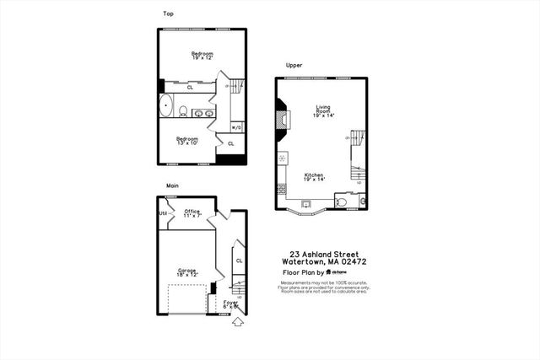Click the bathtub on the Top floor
[165, 108]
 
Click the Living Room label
[323, 110]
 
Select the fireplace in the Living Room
[283, 118]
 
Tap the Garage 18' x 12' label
[186, 272]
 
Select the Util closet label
[163, 213]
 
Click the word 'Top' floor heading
[168, 13]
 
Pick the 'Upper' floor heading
[294, 65]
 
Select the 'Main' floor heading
[172, 185]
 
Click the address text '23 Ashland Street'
[323, 254]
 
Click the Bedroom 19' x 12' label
[202, 56]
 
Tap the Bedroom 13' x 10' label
[187, 141]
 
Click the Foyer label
[230, 303]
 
